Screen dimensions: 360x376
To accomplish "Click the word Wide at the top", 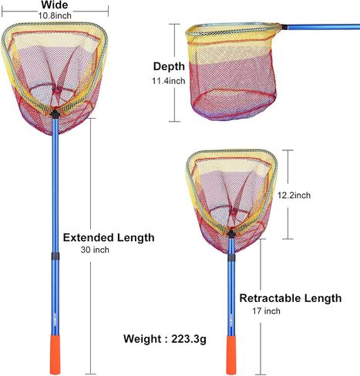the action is click(55, 5).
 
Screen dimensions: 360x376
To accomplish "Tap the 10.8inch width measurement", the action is click(55, 15).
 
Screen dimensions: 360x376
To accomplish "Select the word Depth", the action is click(169, 67).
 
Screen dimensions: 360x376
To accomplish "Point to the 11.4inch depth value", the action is click(169, 81).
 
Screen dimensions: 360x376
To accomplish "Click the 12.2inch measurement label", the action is click(294, 196).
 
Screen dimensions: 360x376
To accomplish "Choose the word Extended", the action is click(89, 237).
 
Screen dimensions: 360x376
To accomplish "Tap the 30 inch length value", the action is click(95, 250).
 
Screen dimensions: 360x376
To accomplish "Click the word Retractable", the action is click(270, 298).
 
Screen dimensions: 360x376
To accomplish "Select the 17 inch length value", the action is click(266, 311).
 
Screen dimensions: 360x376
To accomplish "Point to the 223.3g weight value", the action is click(189, 339).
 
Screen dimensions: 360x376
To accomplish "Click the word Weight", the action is click(142, 339).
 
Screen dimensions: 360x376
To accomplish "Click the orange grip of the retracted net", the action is click(231, 354).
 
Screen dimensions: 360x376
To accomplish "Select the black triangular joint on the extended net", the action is click(55, 113).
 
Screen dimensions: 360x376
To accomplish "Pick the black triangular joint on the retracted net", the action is click(231, 233).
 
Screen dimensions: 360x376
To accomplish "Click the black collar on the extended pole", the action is click(56, 256).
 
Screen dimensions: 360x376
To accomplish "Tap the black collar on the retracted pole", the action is click(231, 257).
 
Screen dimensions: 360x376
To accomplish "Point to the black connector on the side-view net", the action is click(284, 27).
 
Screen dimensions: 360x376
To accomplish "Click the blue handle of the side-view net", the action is click(324, 27).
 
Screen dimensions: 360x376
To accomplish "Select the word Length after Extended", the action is click(136, 238).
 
